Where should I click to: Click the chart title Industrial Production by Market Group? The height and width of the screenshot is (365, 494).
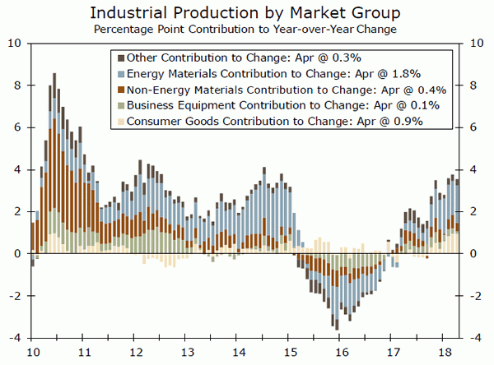tap(246, 13)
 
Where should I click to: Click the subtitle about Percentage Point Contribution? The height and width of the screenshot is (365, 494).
tap(246, 30)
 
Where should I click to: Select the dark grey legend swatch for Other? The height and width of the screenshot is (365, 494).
tap(122, 57)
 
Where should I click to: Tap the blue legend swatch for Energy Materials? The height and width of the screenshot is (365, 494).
tap(122, 73)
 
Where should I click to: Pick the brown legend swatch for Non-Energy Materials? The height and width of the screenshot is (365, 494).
tap(122, 89)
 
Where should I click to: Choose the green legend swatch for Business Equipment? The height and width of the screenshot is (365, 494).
tap(122, 105)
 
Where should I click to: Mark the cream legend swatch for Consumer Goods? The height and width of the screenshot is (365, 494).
tap(122, 121)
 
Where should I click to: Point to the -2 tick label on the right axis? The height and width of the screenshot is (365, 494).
tap(476, 296)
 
